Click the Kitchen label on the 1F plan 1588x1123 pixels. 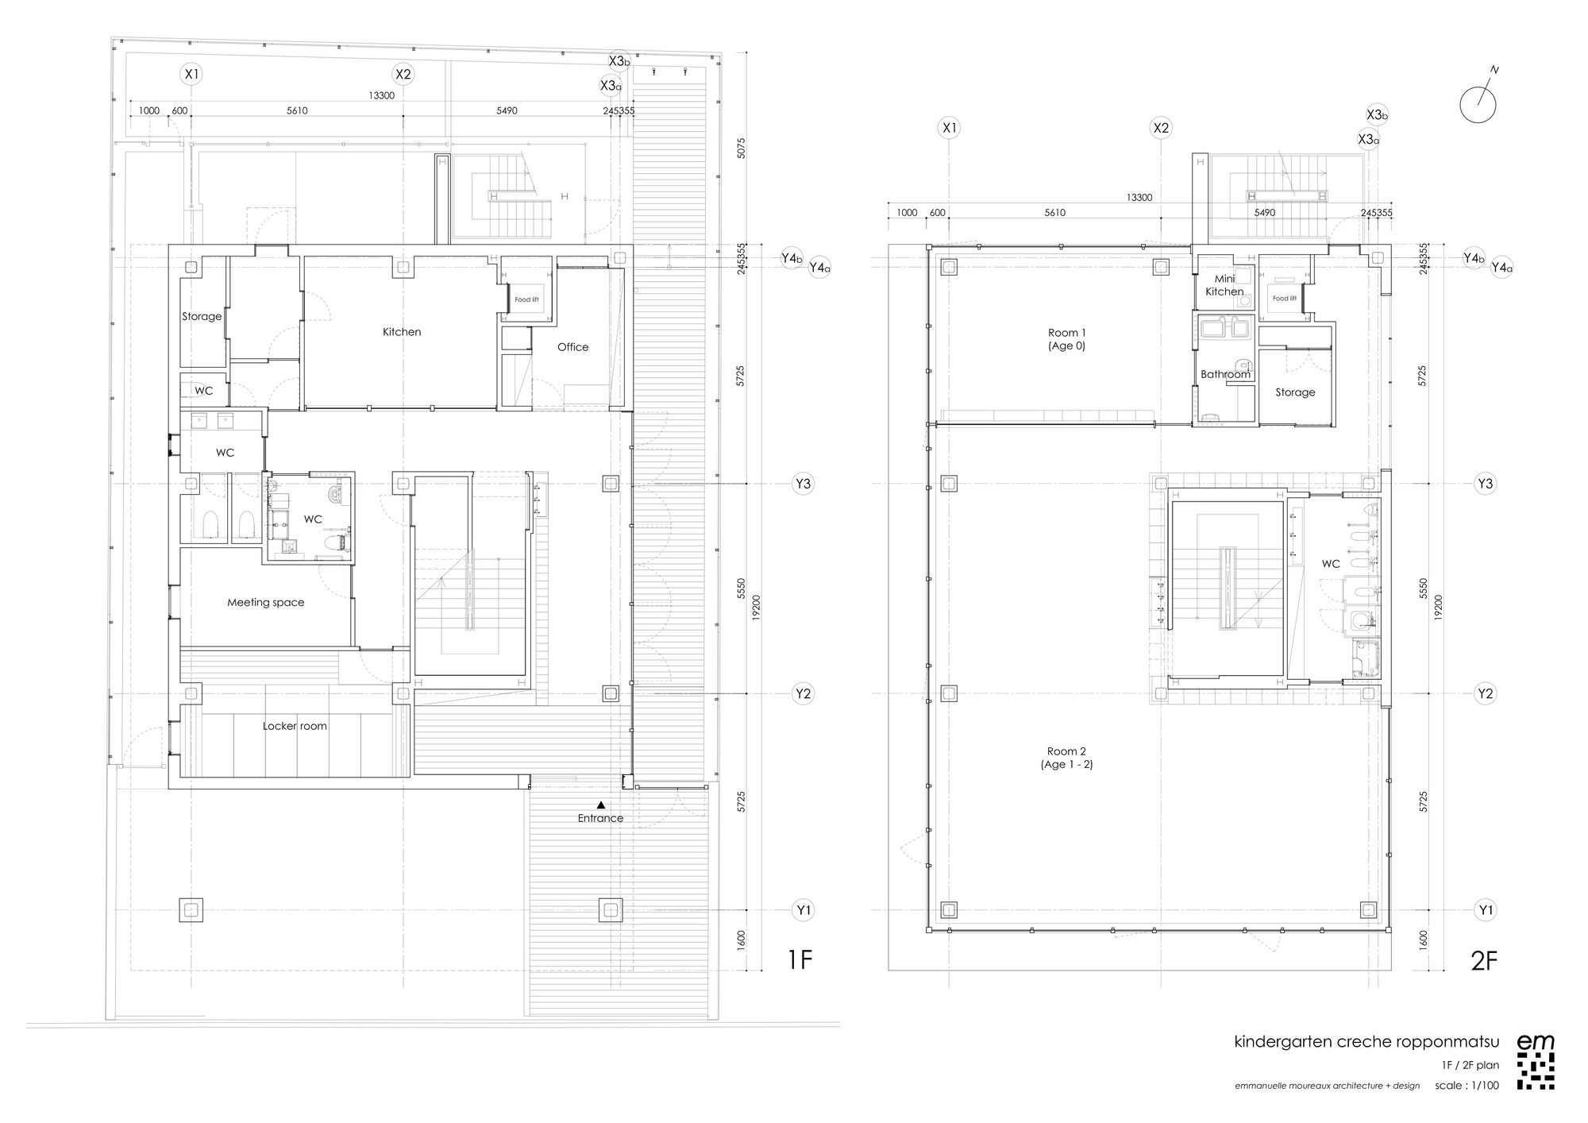click(x=402, y=332)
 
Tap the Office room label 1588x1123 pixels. click(x=572, y=347)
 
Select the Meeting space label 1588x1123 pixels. click(x=265, y=603)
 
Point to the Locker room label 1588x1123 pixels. click(x=295, y=726)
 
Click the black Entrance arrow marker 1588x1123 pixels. click(x=601, y=805)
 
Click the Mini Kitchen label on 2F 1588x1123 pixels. click(x=1224, y=285)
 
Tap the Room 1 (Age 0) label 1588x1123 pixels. click(x=1066, y=339)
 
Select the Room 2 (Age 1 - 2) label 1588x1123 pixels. click(x=1066, y=758)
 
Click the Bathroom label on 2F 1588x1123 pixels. click(x=1225, y=374)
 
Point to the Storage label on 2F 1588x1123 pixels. click(x=1295, y=392)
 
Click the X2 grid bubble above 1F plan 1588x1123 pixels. click(x=403, y=75)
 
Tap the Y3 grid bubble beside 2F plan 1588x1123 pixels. click(x=1485, y=484)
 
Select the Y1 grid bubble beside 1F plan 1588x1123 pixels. click(x=804, y=910)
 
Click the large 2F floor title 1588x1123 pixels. click(x=1483, y=960)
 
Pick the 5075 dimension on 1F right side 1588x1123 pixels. click(x=741, y=149)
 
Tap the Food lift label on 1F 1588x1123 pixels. click(x=526, y=299)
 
